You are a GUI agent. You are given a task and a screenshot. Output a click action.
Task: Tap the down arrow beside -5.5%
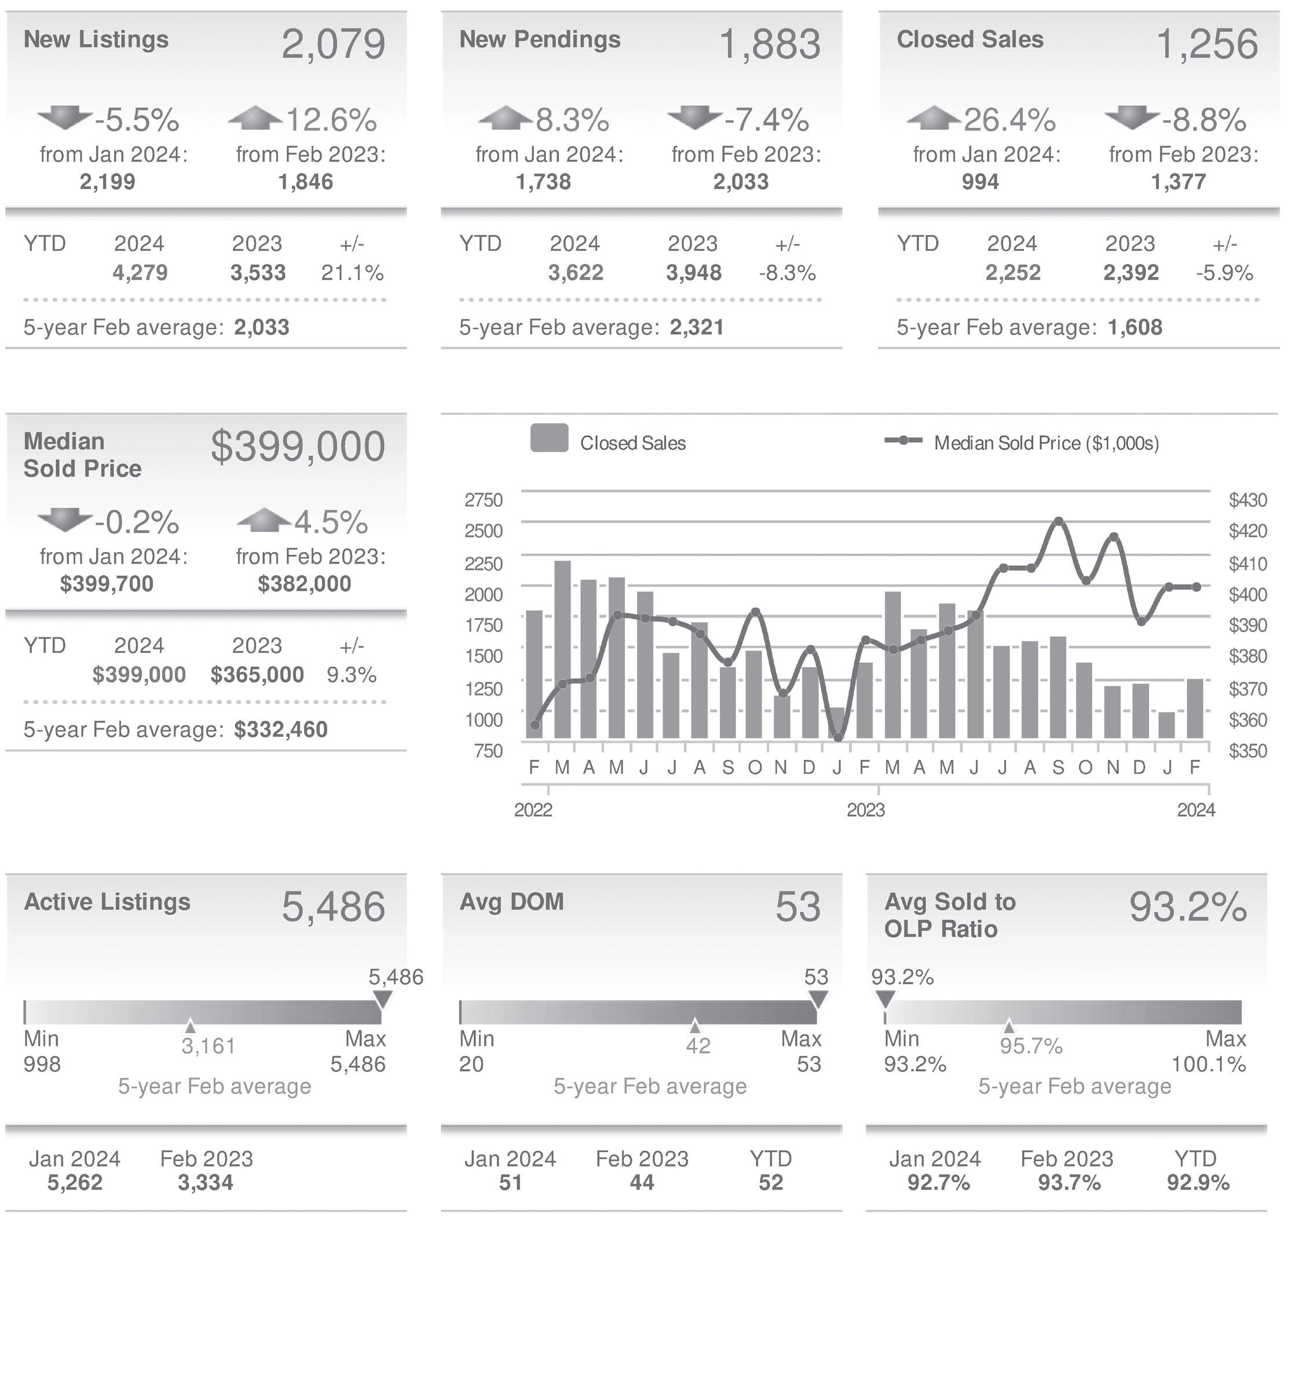pyautogui.click(x=65, y=117)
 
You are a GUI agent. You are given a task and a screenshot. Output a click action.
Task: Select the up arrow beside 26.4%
pyautogui.click(x=934, y=117)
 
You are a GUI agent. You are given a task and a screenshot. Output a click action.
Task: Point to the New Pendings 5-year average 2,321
pyautogui.click(x=697, y=327)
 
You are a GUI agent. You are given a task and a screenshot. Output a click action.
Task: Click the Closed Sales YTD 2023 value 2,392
pyautogui.click(x=1131, y=272)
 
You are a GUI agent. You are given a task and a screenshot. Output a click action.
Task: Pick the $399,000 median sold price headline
pyautogui.click(x=297, y=446)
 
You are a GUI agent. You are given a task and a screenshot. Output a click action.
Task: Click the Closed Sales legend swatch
pyautogui.click(x=549, y=439)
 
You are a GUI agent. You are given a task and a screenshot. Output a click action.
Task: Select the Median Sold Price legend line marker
pyautogui.click(x=903, y=441)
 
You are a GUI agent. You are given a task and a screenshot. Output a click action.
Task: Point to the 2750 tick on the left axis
pyautogui.click(x=483, y=500)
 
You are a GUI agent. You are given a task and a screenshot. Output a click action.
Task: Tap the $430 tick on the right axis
pyautogui.click(x=1248, y=500)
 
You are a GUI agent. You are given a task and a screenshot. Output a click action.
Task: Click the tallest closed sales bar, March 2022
pyautogui.click(x=562, y=648)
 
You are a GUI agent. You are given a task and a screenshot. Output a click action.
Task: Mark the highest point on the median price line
pyautogui.click(x=1058, y=521)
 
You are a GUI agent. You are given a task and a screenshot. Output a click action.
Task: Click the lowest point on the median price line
pyautogui.click(x=838, y=737)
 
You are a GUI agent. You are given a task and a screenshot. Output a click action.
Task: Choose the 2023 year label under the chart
pyautogui.click(x=865, y=810)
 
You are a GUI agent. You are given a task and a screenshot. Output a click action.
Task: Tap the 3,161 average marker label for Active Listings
pyautogui.click(x=208, y=1046)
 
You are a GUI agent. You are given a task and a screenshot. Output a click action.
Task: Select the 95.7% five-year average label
pyautogui.click(x=1031, y=1046)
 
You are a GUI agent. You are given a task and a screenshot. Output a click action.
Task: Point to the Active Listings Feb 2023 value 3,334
pyautogui.click(x=206, y=1182)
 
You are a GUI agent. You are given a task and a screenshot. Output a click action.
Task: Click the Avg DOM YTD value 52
pyautogui.click(x=771, y=1182)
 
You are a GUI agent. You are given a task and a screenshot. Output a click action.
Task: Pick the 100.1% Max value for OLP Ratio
pyautogui.click(x=1208, y=1064)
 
